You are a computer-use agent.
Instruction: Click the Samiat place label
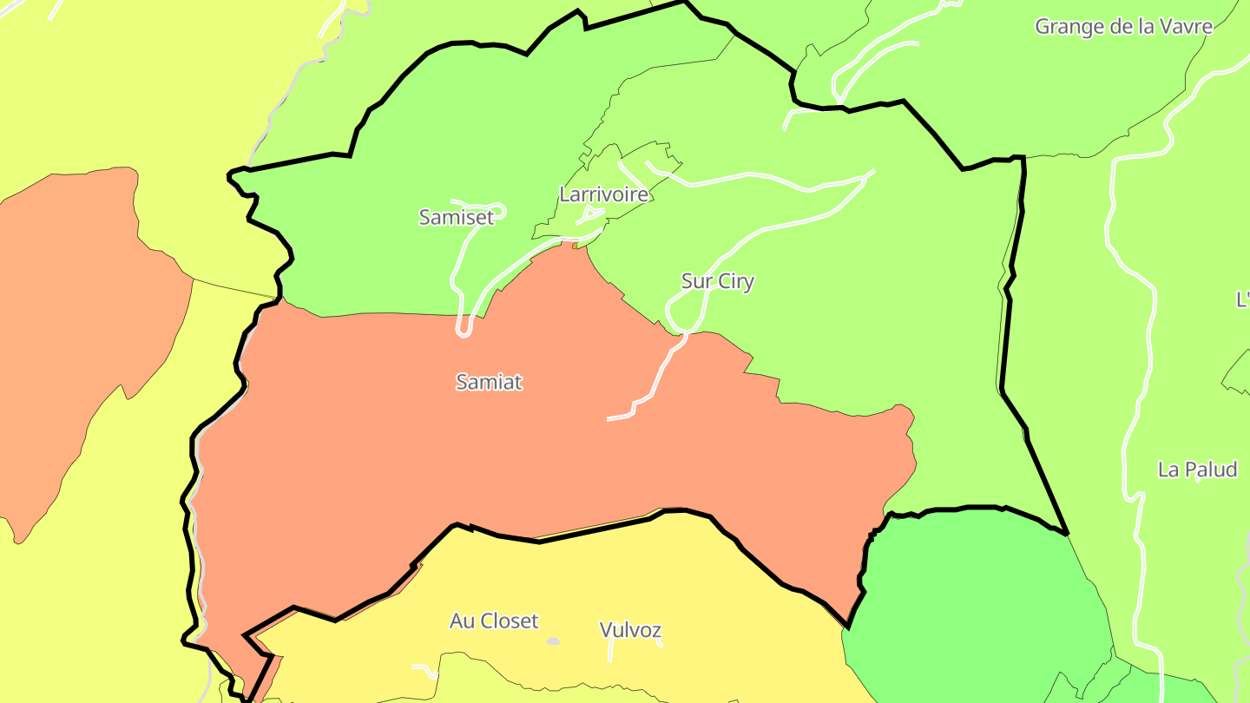tap(489, 382)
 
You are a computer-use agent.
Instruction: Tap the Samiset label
tap(456, 217)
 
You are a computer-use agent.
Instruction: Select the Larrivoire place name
tap(603, 194)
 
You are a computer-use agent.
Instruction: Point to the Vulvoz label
tap(630, 630)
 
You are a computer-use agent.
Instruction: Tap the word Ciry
tap(735, 281)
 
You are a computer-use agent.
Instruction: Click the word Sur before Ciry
tap(697, 281)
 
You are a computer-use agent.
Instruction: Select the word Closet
tap(507, 621)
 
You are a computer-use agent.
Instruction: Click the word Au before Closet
tap(461, 621)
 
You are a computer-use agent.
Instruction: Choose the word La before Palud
tap(1168, 470)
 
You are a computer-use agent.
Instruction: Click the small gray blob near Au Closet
tap(553, 641)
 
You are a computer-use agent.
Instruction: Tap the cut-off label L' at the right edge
tap(1242, 299)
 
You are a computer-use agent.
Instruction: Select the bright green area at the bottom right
tap(972, 599)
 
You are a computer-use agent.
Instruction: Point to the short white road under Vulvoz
tap(660, 644)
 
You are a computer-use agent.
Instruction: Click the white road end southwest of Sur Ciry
tap(610, 419)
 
